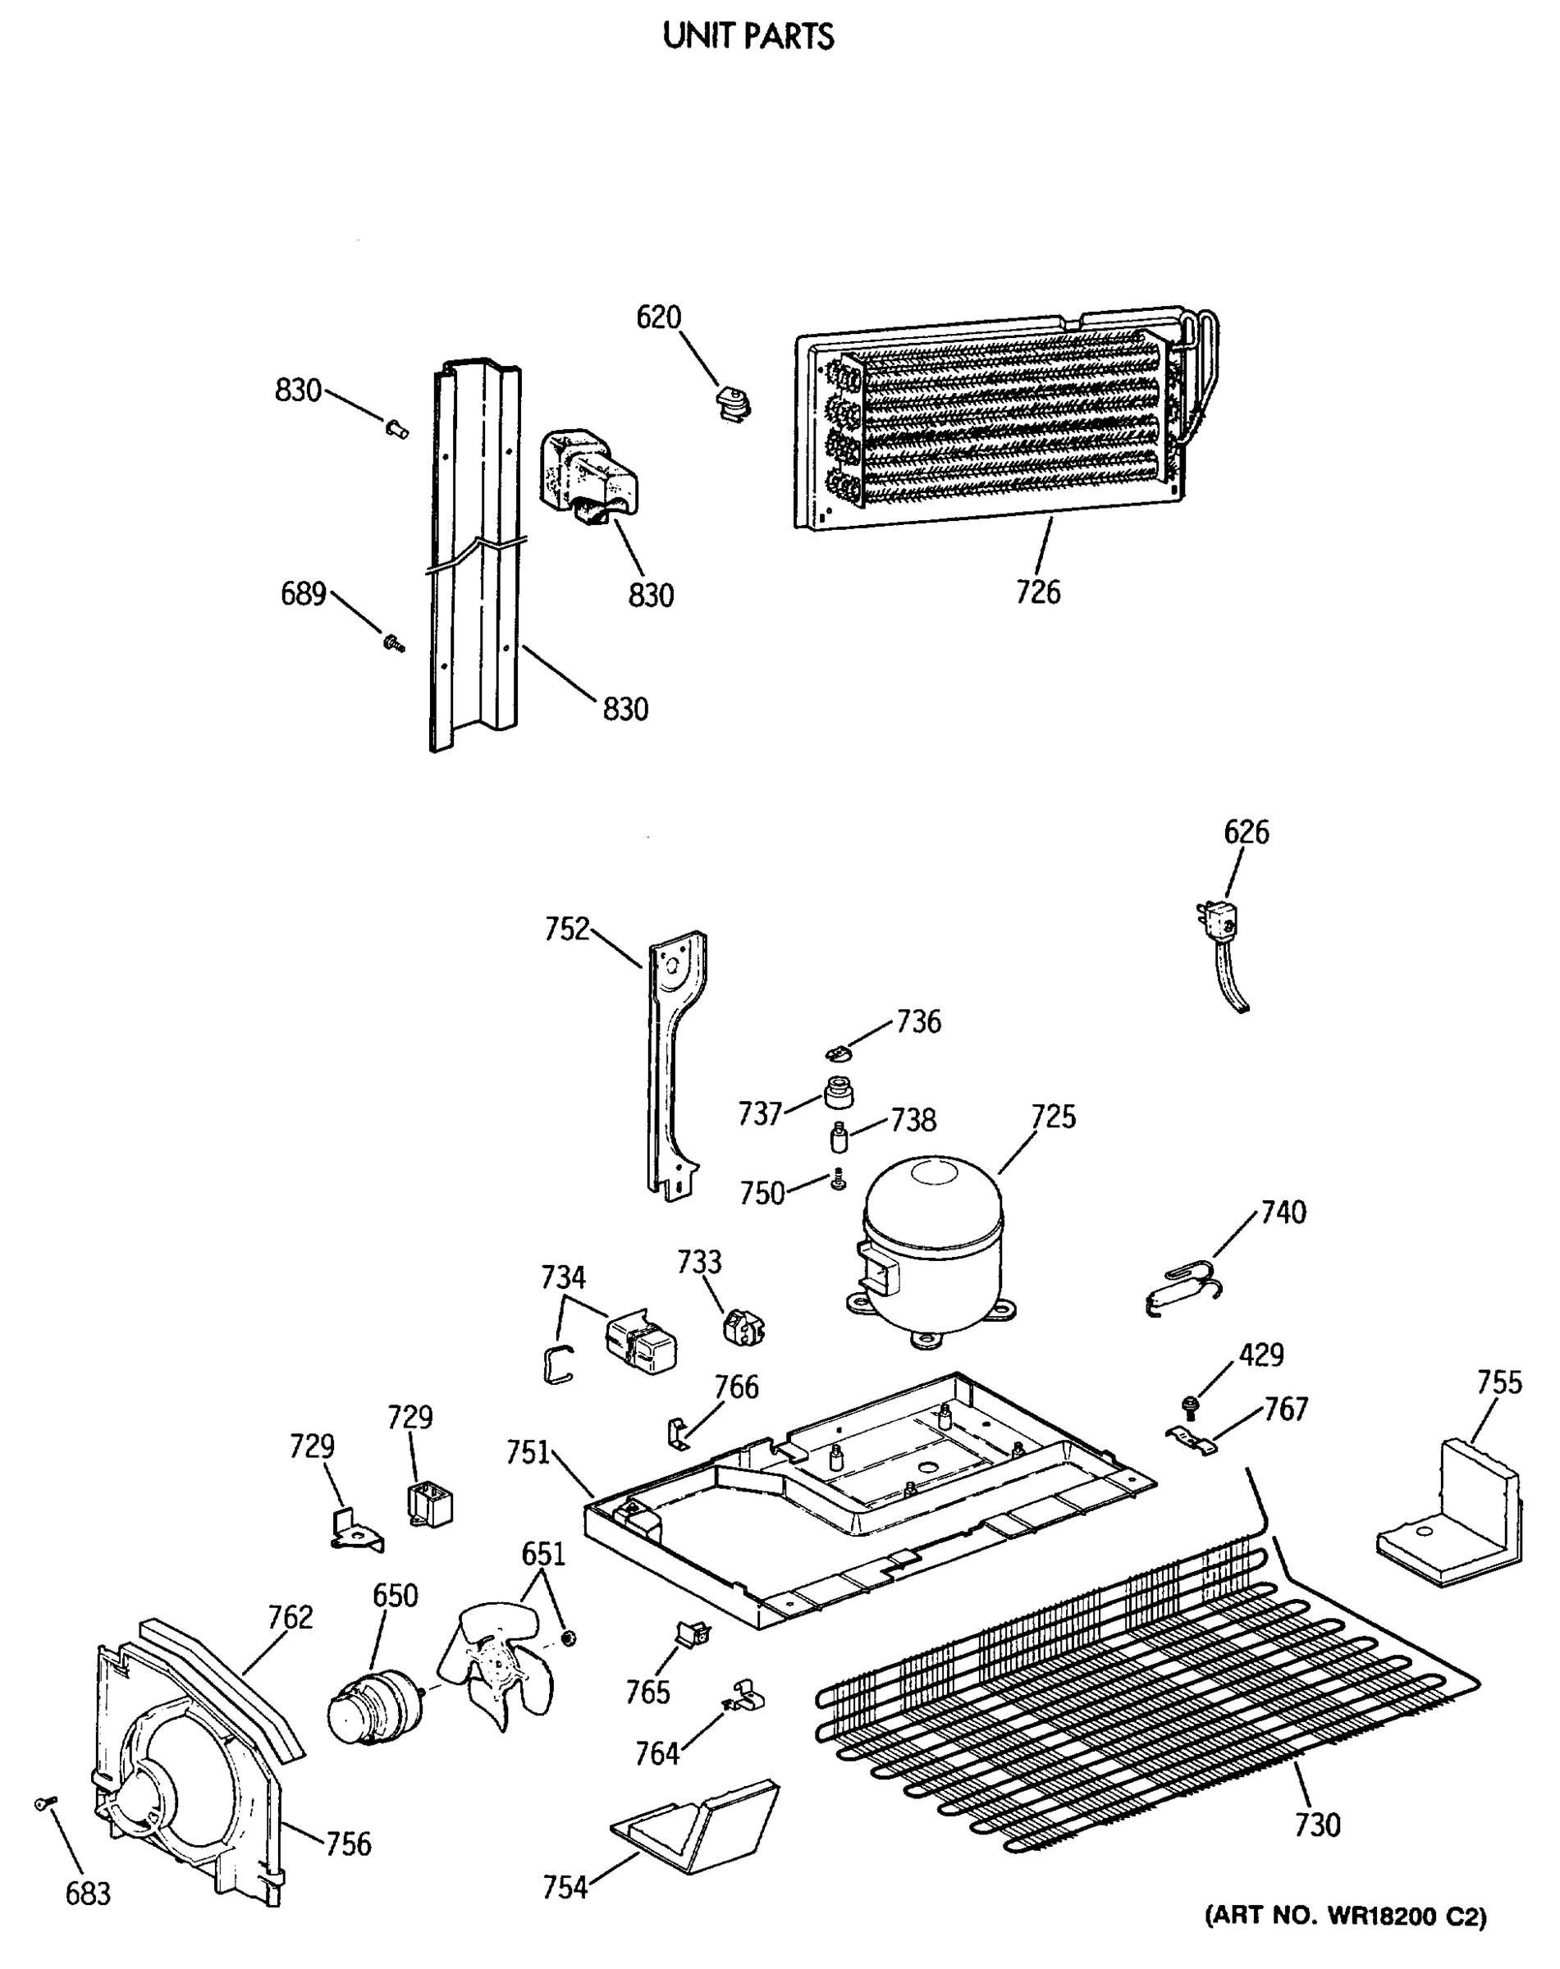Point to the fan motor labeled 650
pyautogui.click(x=374, y=1708)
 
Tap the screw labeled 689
pyautogui.click(x=395, y=643)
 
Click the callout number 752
pyautogui.click(x=566, y=930)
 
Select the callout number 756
pyautogui.click(x=349, y=1843)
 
